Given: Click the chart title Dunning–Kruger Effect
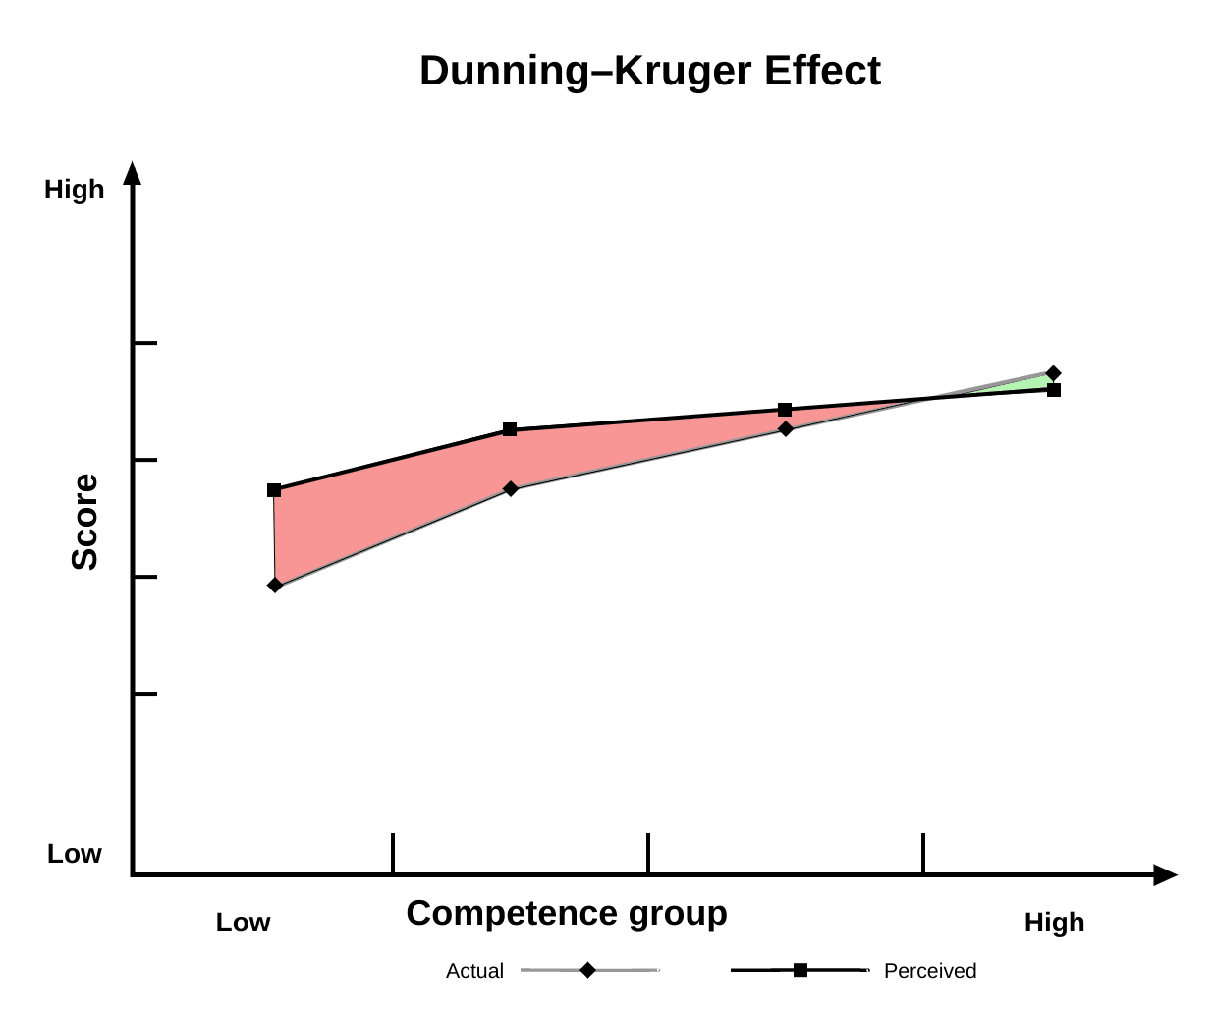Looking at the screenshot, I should point(649,72).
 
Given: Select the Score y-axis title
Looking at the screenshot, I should point(85,522).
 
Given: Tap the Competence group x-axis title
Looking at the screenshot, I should point(567,913).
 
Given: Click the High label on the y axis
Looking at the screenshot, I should point(74,190).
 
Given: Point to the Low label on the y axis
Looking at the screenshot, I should point(74,854).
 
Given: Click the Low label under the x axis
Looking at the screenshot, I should point(243,923).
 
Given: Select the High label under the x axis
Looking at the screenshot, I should point(1054,923).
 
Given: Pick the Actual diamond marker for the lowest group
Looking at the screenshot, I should point(275,585).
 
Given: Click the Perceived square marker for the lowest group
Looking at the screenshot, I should point(274,490).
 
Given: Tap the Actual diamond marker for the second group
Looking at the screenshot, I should point(511,488).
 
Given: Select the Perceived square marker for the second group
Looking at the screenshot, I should point(510,429).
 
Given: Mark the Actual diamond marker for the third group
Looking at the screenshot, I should point(786,428).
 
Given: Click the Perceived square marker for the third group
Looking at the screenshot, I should point(785,410).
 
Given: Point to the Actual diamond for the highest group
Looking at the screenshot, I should point(1054,373).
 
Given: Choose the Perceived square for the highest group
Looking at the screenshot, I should point(1054,390).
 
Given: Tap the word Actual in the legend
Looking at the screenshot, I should point(474,971).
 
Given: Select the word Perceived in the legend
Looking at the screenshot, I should point(930,971).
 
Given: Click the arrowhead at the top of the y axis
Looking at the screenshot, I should point(133,173).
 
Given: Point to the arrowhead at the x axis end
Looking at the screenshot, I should point(1165,874).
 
